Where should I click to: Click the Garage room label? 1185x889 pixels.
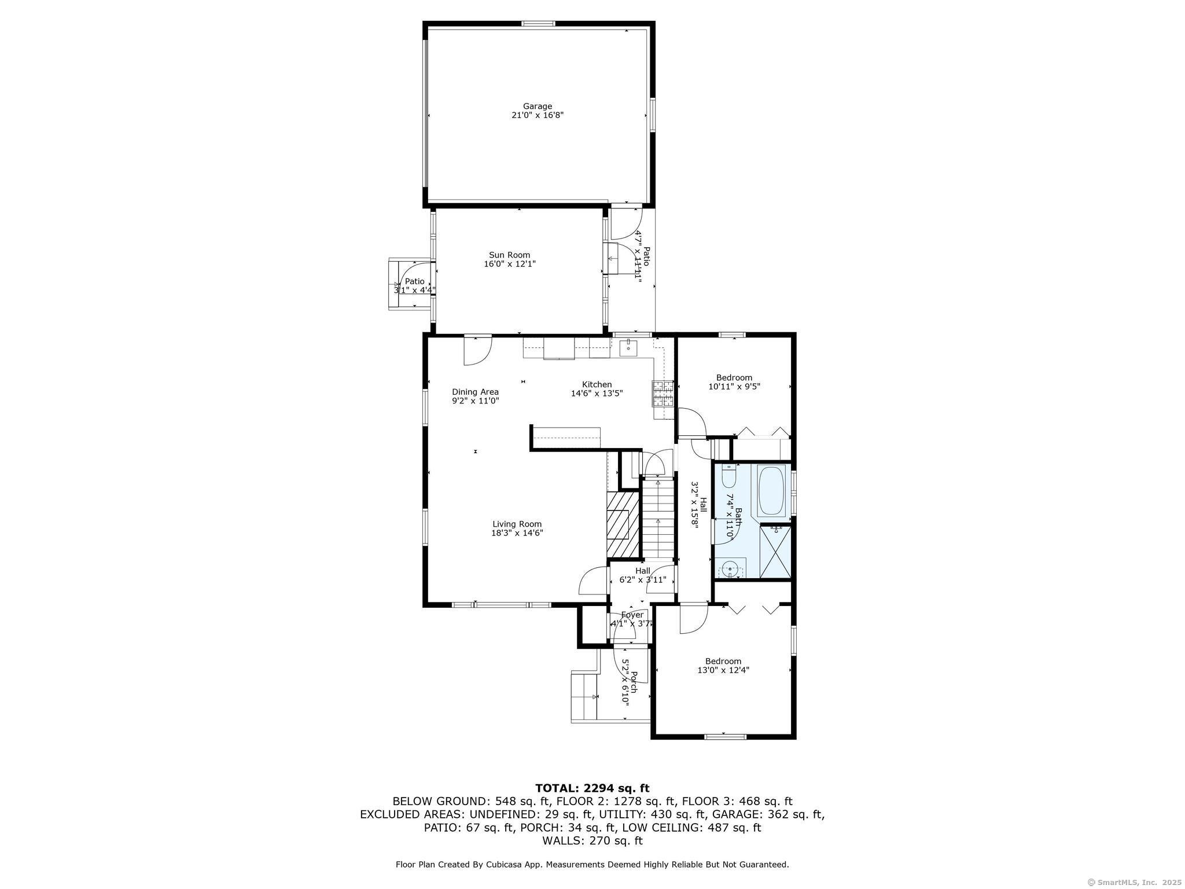click(538, 106)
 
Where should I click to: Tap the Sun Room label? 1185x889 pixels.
click(509, 255)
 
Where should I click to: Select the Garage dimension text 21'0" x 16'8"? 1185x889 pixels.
click(538, 115)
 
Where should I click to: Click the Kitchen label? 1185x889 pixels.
click(597, 384)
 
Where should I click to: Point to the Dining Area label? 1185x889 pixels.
click(475, 392)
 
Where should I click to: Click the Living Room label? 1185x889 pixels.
click(517, 524)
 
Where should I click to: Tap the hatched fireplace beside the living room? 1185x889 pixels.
click(623, 524)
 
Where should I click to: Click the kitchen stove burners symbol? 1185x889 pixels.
click(664, 394)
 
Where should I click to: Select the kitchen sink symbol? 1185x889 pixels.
click(628, 348)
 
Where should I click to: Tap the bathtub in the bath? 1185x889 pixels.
click(771, 491)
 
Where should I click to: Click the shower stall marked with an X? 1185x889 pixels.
click(775, 550)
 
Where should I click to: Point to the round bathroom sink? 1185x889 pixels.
click(731, 569)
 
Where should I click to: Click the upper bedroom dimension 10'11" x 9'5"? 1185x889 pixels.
click(734, 387)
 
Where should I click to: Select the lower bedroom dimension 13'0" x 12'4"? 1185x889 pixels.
click(723, 670)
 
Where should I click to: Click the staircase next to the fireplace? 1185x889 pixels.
click(658, 517)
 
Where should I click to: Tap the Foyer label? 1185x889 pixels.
click(632, 615)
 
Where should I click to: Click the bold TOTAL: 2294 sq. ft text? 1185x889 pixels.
click(592, 788)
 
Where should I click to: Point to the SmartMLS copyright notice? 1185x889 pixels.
click(1134, 882)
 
